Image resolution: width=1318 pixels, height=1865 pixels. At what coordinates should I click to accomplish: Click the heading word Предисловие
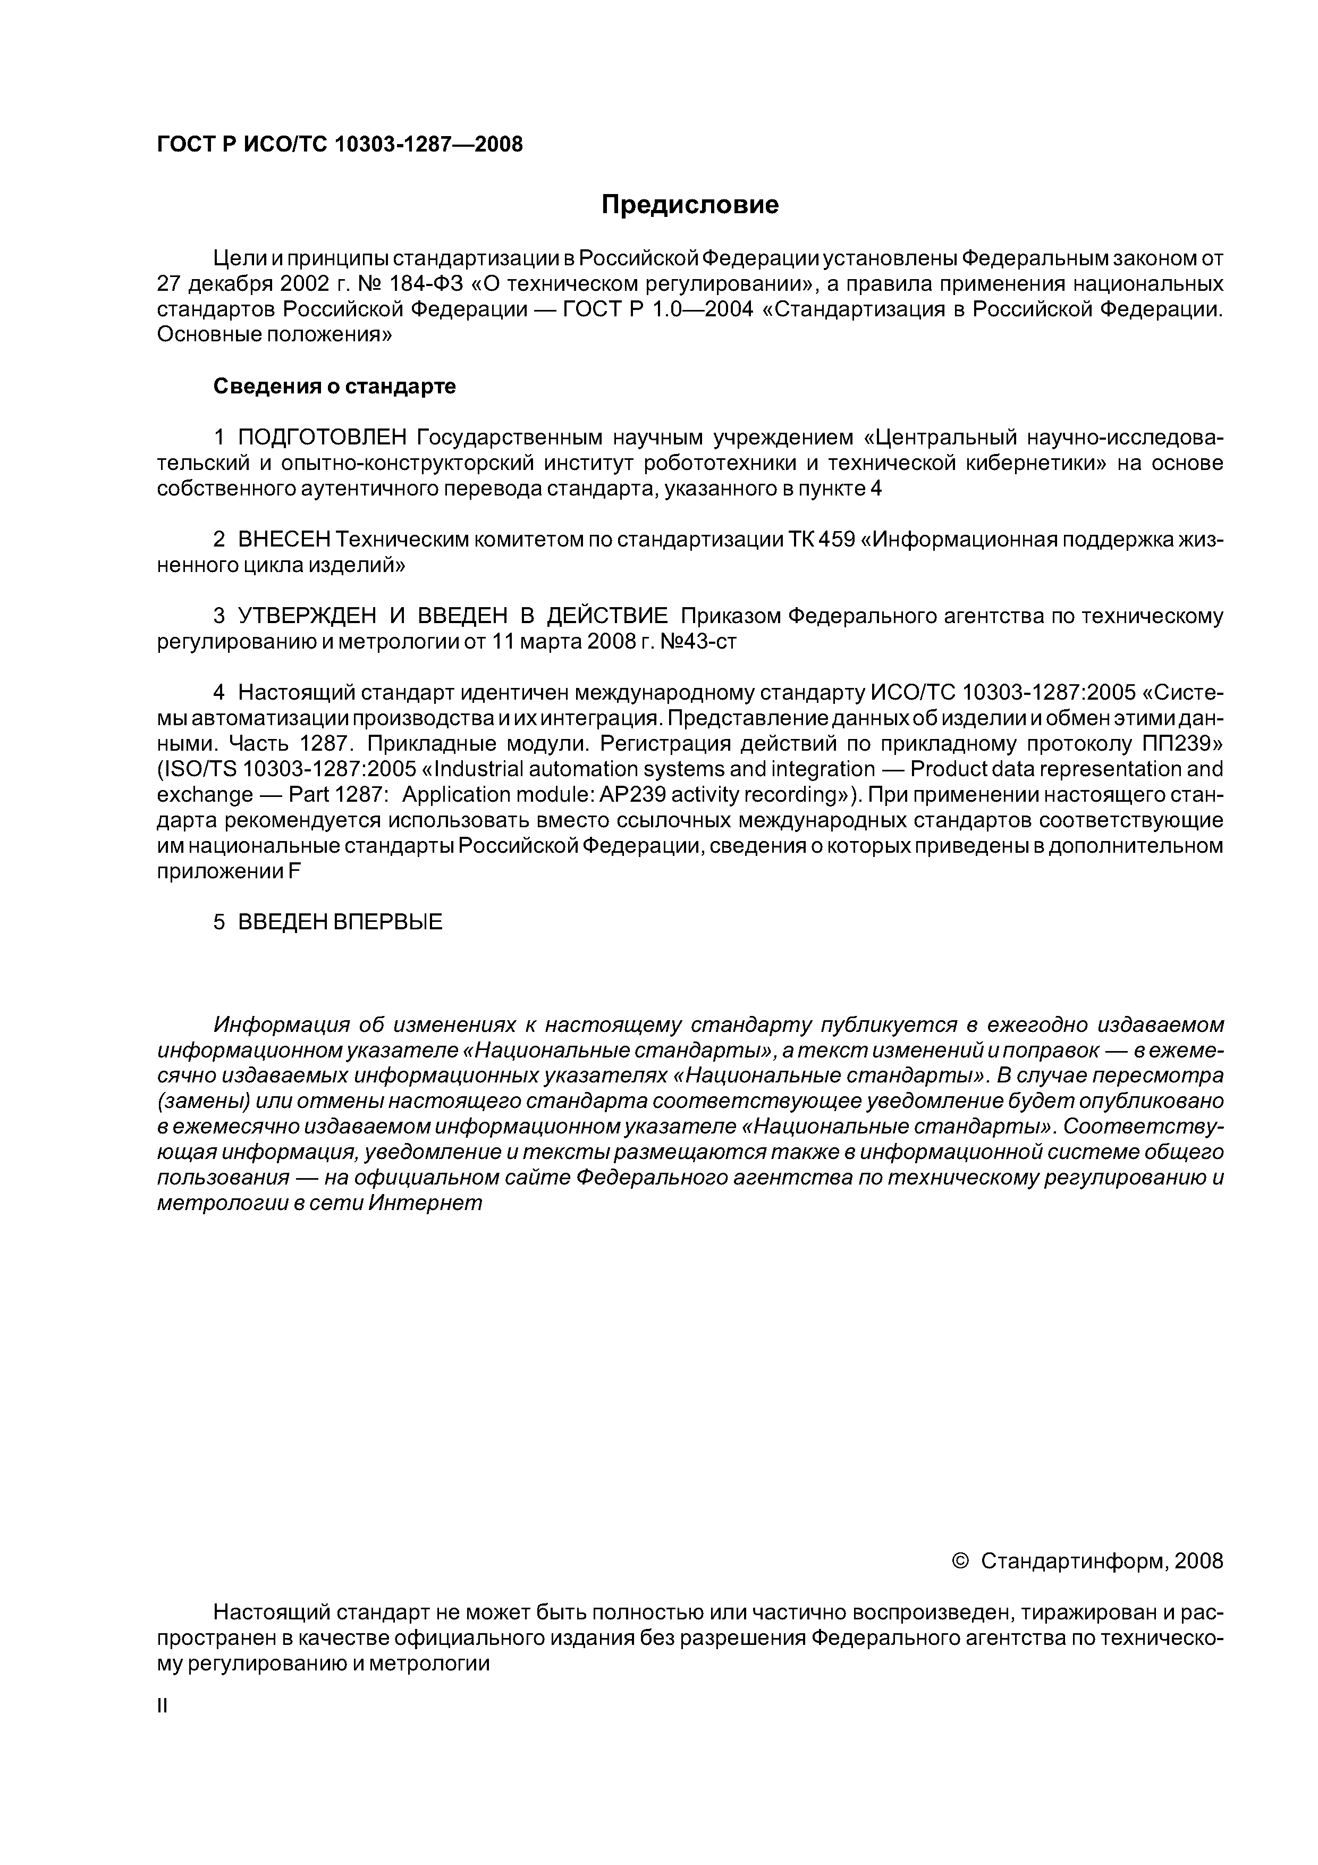pyautogui.click(x=689, y=205)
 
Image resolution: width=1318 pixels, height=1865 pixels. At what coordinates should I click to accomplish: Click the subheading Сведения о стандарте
pyautogui.click(x=334, y=387)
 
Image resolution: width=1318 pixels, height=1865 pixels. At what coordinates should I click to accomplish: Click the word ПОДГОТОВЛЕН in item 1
pyautogui.click(x=322, y=438)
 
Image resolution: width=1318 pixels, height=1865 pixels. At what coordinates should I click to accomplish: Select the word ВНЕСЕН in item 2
pyautogui.click(x=285, y=540)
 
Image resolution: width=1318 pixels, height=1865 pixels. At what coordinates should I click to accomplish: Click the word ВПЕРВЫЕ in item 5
pyautogui.click(x=389, y=922)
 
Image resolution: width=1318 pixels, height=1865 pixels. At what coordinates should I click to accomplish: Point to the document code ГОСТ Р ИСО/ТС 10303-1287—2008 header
pyautogui.click(x=340, y=145)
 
